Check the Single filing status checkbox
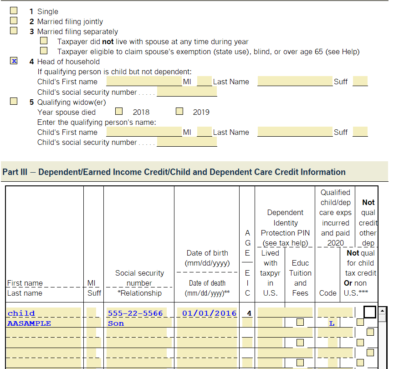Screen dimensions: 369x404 (x=14, y=10)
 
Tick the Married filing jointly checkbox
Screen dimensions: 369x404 (x=14, y=20)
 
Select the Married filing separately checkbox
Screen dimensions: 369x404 (x=14, y=31)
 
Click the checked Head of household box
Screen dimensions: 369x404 (x=14, y=61)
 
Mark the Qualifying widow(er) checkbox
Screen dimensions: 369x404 (x=14, y=101)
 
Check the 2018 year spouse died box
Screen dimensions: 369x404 (x=119, y=111)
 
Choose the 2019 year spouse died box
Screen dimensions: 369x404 (x=179, y=111)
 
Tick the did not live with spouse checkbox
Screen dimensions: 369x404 (x=44, y=41)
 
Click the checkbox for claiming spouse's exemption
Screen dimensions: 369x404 (x=44, y=51)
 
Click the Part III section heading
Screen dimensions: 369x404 (x=174, y=172)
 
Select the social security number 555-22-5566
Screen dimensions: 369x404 (x=135, y=313)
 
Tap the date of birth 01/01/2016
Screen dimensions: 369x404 (x=209, y=313)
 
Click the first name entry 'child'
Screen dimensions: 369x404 (x=21, y=313)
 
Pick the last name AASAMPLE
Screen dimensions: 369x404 (x=29, y=323)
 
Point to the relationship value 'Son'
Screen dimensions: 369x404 (x=116, y=323)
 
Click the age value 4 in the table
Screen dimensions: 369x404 (x=249, y=313)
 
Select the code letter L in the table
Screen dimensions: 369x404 (x=332, y=323)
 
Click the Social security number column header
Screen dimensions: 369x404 (x=139, y=278)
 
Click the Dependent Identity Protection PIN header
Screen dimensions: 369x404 (x=285, y=228)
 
